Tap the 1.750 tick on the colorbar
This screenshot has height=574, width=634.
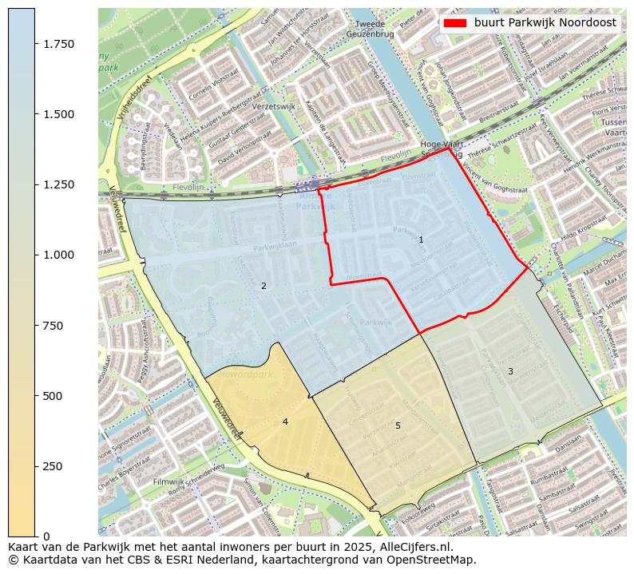59,44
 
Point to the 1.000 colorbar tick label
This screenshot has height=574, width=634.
59,255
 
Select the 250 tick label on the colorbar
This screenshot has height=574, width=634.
53,466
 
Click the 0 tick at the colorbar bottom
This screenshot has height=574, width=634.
46,536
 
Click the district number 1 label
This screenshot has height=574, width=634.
421,239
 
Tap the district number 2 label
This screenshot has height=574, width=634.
264,286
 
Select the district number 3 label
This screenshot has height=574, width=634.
510,371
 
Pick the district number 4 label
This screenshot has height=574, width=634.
285,422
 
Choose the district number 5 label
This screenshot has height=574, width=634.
398,426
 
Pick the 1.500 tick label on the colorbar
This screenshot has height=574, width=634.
59,114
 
